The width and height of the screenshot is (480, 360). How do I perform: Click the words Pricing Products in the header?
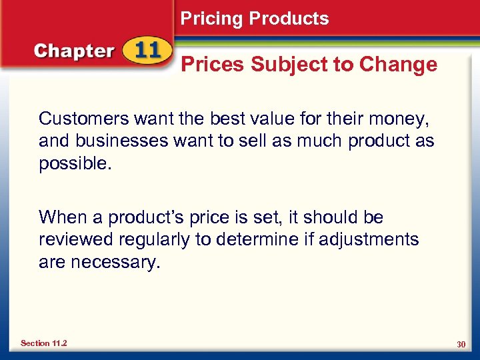click(x=255, y=19)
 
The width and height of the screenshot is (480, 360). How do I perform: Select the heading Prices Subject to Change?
click(x=309, y=65)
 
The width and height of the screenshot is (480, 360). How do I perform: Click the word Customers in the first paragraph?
click(x=83, y=119)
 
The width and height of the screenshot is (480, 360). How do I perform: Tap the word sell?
click(x=245, y=141)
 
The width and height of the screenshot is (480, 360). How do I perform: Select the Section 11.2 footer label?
click(x=43, y=343)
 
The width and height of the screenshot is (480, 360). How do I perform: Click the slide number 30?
click(x=461, y=344)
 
